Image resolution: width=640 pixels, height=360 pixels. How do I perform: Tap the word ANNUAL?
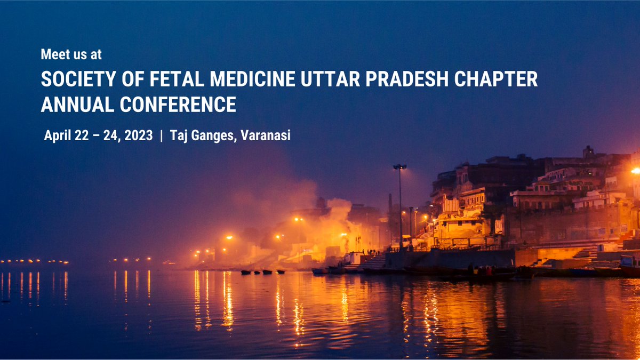coord(77,105)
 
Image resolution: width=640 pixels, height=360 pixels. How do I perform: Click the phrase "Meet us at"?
coord(71,54)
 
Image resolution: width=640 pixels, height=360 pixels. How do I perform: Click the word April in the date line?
coord(58,135)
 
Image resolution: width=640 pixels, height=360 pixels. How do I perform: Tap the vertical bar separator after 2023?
coord(161,135)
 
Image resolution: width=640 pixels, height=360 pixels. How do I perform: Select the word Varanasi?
coord(266,135)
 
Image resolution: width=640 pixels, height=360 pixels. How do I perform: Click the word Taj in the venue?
coord(179,135)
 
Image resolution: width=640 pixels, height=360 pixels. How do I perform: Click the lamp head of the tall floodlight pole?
coord(399,167)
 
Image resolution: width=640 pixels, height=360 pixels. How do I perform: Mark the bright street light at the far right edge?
coord(635,171)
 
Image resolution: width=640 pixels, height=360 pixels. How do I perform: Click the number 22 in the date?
coord(82,135)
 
